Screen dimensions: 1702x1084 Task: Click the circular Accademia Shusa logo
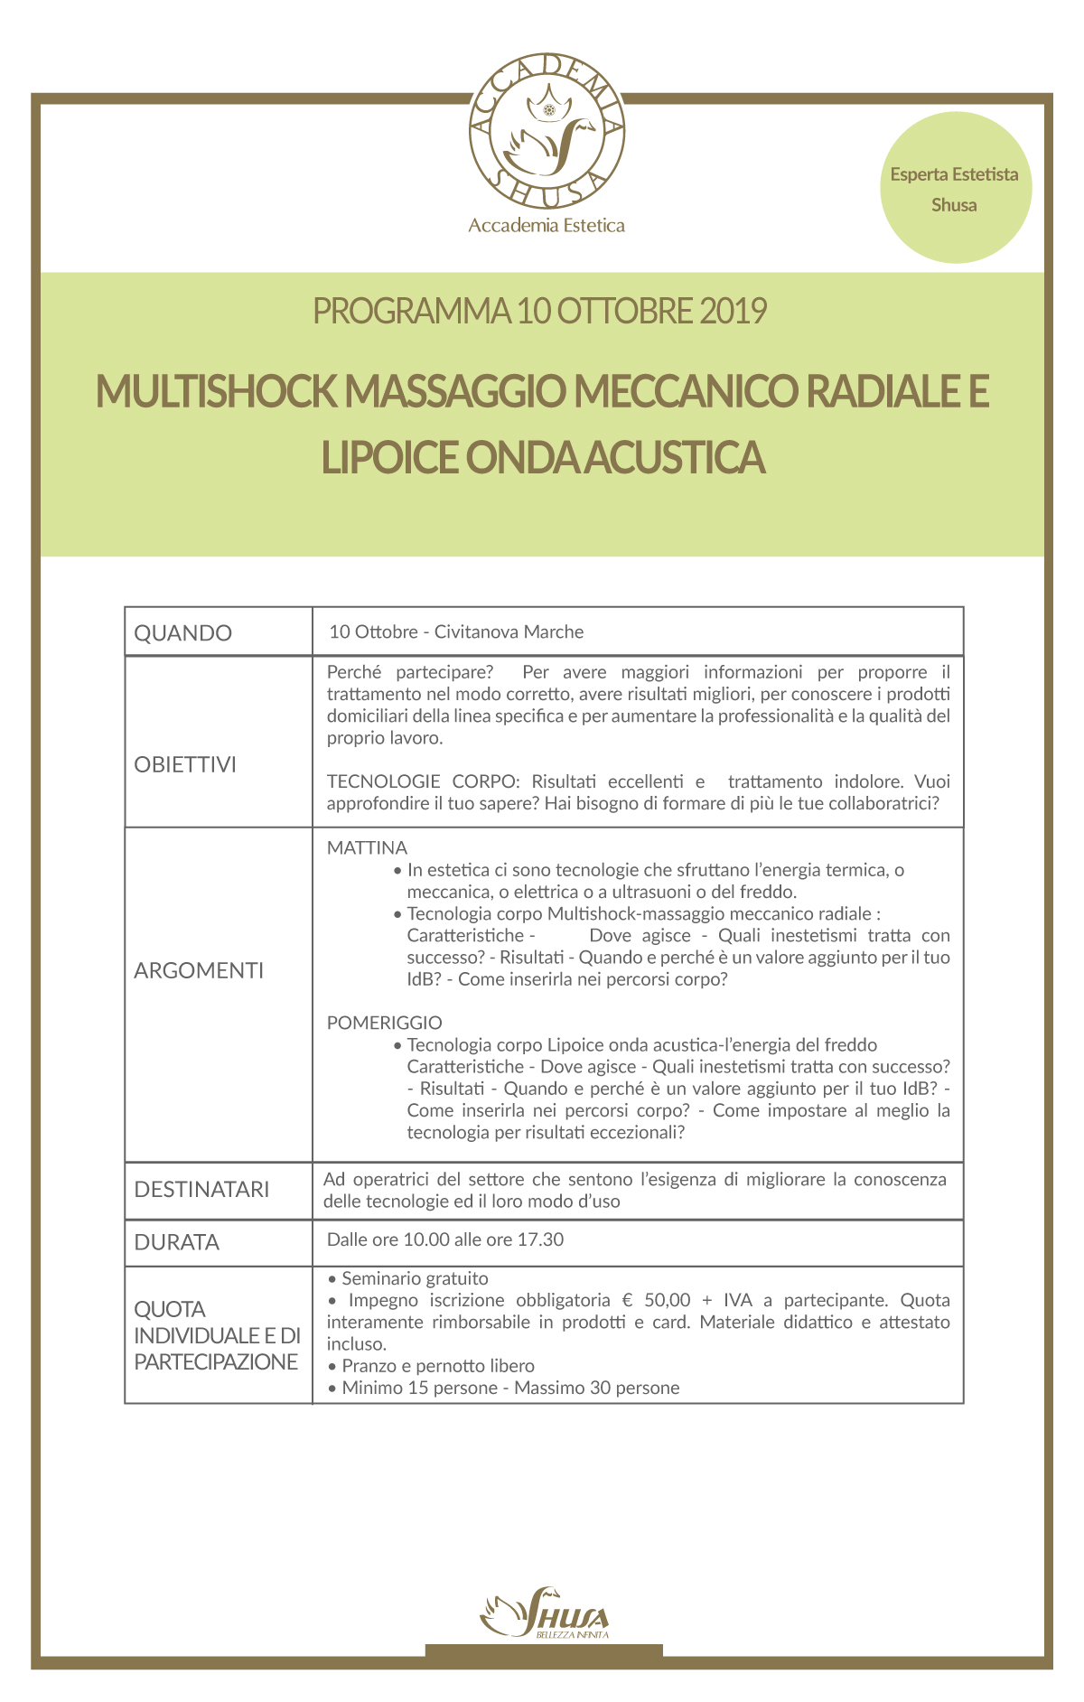click(547, 131)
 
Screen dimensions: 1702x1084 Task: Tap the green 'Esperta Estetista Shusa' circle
click(955, 189)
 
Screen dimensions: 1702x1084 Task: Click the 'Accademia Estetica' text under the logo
click(547, 226)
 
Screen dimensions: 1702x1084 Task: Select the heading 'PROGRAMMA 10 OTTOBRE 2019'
click(539, 311)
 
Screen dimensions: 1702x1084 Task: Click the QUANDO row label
click(183, 633)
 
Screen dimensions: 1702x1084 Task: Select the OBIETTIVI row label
click(185, 764)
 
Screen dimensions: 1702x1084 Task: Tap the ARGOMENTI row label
click(199, 970)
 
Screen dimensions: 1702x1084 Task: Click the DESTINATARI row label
click(201, 1190)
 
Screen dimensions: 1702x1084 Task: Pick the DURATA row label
click(177, 1242)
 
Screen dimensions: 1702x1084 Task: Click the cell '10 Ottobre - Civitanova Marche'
click(456, 632)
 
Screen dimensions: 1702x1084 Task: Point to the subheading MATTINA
click(367, 848)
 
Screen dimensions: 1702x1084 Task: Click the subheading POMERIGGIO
click(384, 1023)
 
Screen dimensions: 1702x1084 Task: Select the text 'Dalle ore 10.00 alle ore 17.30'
click(444, 1239)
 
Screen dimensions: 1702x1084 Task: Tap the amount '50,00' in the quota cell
click(667, 1301)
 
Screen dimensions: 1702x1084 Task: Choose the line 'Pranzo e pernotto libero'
click(438, 1366)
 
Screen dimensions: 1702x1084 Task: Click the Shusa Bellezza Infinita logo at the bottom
click(545, 1613)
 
